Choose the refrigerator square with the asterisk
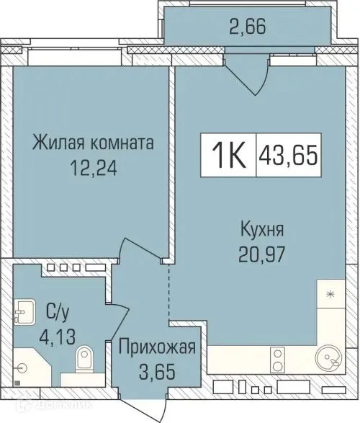tap(330, 295)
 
